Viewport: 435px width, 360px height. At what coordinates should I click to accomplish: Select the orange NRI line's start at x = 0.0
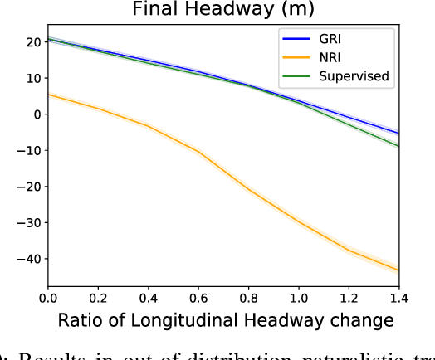click(48, 95)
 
